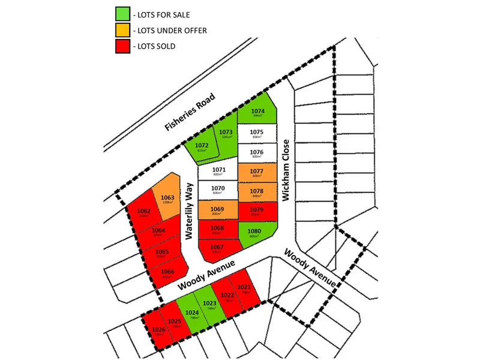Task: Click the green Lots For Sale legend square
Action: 122,13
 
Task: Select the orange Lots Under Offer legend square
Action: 122,29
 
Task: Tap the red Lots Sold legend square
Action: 122,46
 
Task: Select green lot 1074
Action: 258,113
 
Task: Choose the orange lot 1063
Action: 167,199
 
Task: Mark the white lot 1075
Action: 257,134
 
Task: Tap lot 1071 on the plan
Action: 219,173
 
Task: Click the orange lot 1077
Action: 257,173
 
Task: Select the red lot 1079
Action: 257,211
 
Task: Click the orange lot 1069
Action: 218,211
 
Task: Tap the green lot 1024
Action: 192,314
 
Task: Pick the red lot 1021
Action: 244,289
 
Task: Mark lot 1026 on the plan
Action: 158,331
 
